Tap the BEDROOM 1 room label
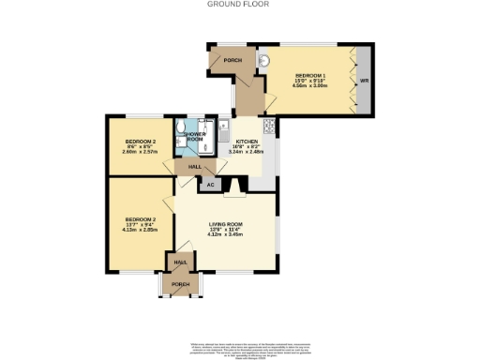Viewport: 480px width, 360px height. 310,75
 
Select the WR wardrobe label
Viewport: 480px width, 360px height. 364,80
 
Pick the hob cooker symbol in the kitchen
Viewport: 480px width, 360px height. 269,127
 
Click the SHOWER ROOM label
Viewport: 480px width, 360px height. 195,137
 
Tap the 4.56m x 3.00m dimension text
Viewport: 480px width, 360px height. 310,85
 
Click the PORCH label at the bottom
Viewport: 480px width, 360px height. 180,284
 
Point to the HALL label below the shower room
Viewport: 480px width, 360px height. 195,167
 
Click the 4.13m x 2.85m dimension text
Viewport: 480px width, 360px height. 141,229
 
